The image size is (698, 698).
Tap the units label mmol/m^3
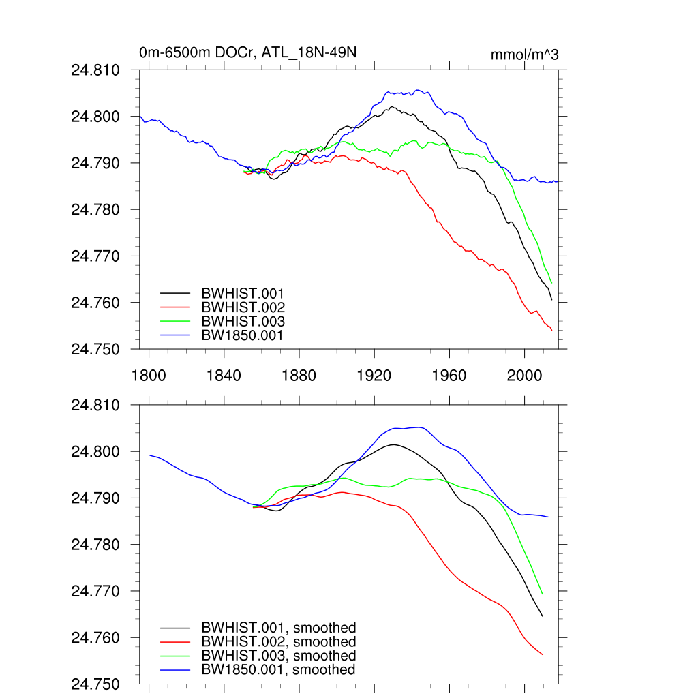[x=524, y=55]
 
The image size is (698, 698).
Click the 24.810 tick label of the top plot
[x=101, y=70]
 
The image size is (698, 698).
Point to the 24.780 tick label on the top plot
[x=101, y=210]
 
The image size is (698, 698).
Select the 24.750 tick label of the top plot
[x=101, y=349]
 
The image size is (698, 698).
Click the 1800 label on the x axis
[x=149, y=376]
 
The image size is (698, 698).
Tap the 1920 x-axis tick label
[x=374, y=376]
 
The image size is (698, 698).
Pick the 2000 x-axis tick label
[x=525, y=376]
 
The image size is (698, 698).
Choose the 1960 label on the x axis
[x=450, y=376]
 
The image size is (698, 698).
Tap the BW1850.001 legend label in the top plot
[x=243, y=335]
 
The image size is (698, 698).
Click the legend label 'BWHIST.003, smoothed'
[x=278, y=656]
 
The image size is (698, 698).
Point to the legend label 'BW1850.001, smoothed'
[x=278, y=670]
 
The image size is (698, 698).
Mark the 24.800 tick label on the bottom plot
[x=101, y=452]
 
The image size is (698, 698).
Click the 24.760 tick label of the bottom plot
[x=101, y=638]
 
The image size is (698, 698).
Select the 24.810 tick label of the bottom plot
[x=101, y=406]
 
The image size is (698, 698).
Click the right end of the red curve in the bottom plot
[x=542, y=654]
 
